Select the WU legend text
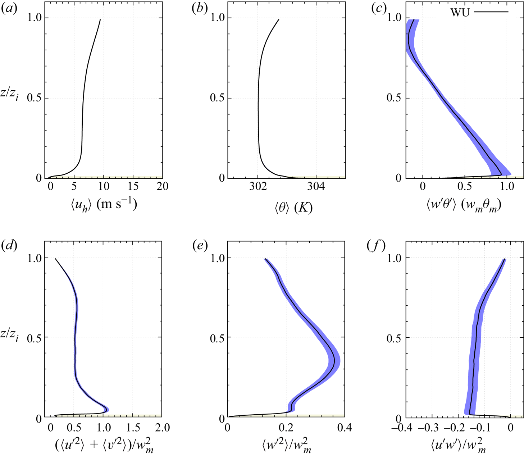pos(460,12)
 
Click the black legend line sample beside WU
pos(491,12)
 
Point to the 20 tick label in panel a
pos(163,186)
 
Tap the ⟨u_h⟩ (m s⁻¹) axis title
pos(104,205)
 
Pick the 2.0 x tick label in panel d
pos(162,427)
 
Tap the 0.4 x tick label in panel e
pos(344,427)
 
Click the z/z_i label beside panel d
pos(10,336)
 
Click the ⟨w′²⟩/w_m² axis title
pos(287,445)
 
